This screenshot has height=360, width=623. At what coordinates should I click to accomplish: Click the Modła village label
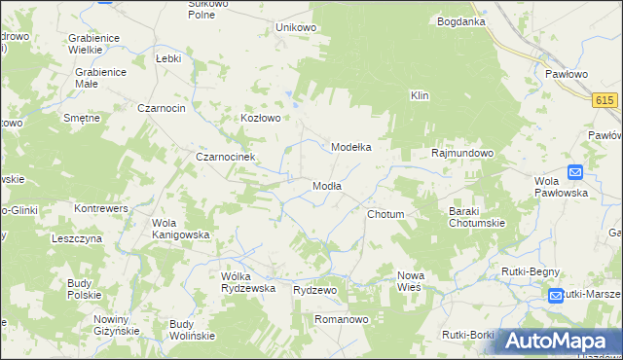[x=326, y=186]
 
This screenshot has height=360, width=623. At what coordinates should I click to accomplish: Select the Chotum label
[x=385, y=214]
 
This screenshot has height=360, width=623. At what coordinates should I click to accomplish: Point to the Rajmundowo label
[x=462, y=154]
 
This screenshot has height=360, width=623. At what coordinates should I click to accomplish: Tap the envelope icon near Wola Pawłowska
[x=574, y=172]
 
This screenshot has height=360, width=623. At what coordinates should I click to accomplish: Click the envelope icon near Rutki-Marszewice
[x=555, y=295]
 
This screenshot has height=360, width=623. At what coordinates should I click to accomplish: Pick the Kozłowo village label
[x=261, y=119]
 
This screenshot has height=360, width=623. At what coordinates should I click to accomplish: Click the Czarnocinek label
[x=225, y=157]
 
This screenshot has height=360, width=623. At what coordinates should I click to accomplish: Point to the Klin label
[x=420, y=95]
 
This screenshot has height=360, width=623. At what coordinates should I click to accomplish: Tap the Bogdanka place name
[x=461, y=21]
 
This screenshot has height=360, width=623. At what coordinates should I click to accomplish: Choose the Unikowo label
[x=297, y=27]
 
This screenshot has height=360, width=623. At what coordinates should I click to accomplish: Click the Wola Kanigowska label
[x=181, y=229]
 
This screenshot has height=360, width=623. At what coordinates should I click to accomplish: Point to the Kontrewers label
[x=102, y=208]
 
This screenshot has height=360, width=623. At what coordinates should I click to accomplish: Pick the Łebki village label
[x=169, y=58]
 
